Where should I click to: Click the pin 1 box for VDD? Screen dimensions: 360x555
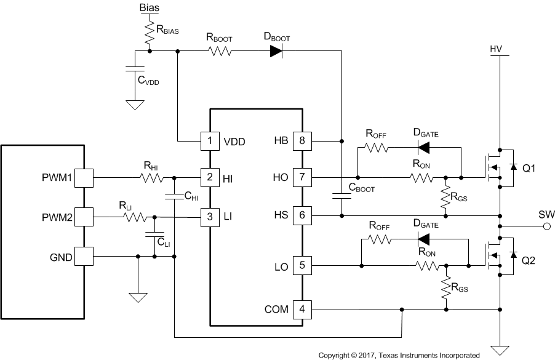click(210, 141)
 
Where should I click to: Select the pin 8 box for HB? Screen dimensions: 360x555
click(303, 141)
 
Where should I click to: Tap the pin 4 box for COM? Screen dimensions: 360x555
click(303, 309)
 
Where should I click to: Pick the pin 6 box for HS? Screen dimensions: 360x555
click(303, 215)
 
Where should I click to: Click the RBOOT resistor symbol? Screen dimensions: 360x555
click(220, 52)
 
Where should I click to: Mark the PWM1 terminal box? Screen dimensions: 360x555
click(84, 178)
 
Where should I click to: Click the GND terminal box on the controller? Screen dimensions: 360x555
click(84, 256)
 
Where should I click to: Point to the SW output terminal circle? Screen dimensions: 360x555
click(545, 226)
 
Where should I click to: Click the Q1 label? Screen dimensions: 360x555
click(530, 170)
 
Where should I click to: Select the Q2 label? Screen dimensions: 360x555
click(530, 260)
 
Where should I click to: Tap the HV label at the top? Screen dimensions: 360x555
click(497, 48)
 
